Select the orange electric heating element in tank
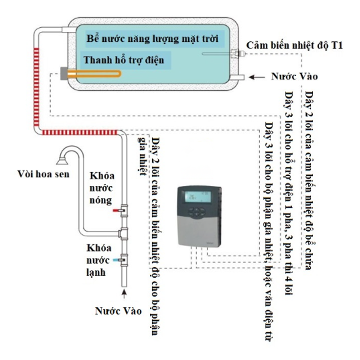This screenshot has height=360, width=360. coord(95,74)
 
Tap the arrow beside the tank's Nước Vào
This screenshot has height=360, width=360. coord(257,77)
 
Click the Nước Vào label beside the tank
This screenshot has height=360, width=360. coord(294,77)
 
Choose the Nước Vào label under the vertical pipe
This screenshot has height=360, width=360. coord(118,310)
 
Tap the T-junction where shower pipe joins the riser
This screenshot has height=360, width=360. coord(124,233)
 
